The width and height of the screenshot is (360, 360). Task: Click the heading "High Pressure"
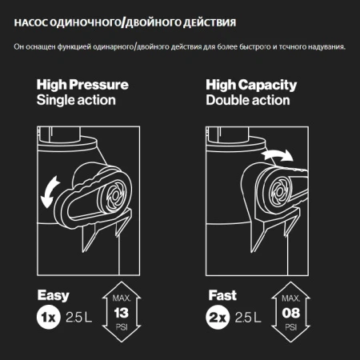[82, 85]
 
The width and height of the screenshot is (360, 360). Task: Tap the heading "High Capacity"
[250, 85]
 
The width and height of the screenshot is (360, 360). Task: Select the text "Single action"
[75, 101]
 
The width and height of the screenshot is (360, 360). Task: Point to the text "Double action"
[246, 101]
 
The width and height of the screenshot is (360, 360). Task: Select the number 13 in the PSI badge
[122, 312]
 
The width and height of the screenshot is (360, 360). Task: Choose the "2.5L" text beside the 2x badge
[250, 318]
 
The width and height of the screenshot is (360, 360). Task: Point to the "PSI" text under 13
[122, 326]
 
